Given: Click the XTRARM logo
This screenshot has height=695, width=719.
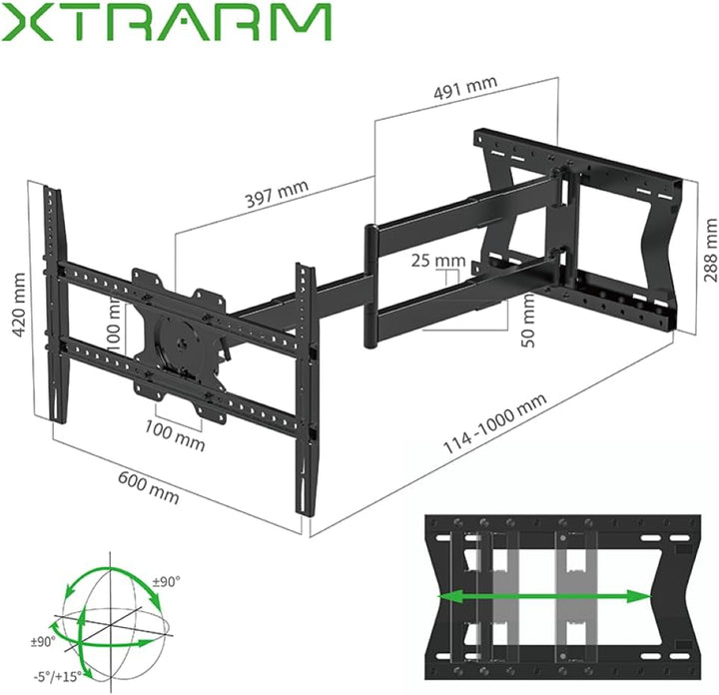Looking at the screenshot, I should pos(168,23).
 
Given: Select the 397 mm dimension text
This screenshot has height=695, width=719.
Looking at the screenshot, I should pos(277,194).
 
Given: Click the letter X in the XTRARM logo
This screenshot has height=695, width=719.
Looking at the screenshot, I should pos(26,23).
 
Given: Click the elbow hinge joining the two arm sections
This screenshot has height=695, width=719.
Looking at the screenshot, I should pos(371,288).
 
